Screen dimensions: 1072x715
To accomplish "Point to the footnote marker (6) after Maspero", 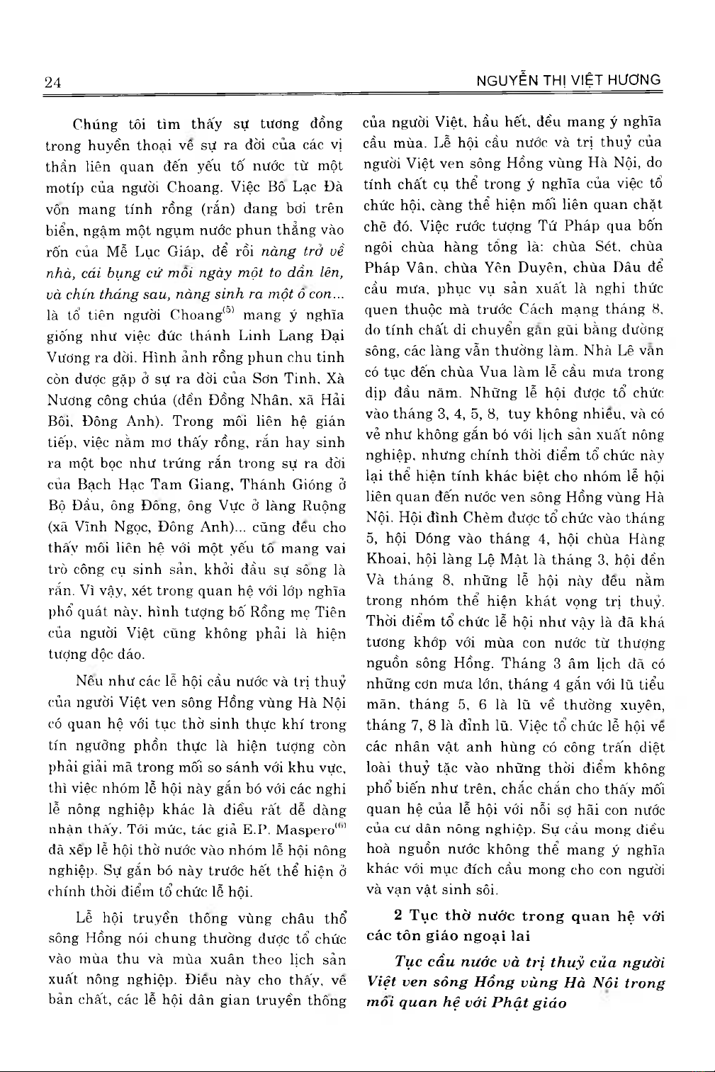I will tap(342, 825).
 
